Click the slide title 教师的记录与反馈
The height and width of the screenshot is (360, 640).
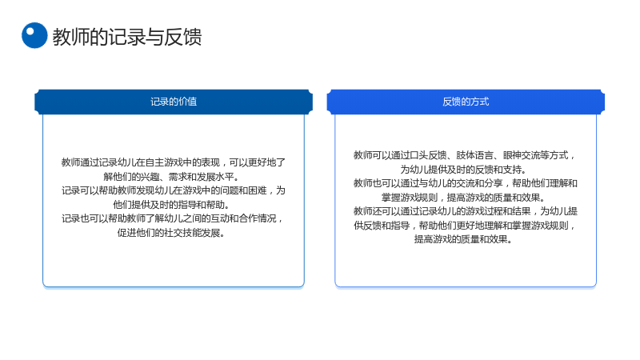click(127, 37)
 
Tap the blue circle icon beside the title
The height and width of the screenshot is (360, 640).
click(34, 35)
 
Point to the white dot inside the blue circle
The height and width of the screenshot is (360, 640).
click(30, 31)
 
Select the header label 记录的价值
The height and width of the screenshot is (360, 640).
click(174, 102)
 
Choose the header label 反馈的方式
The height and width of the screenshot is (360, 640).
click(466, 102)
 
